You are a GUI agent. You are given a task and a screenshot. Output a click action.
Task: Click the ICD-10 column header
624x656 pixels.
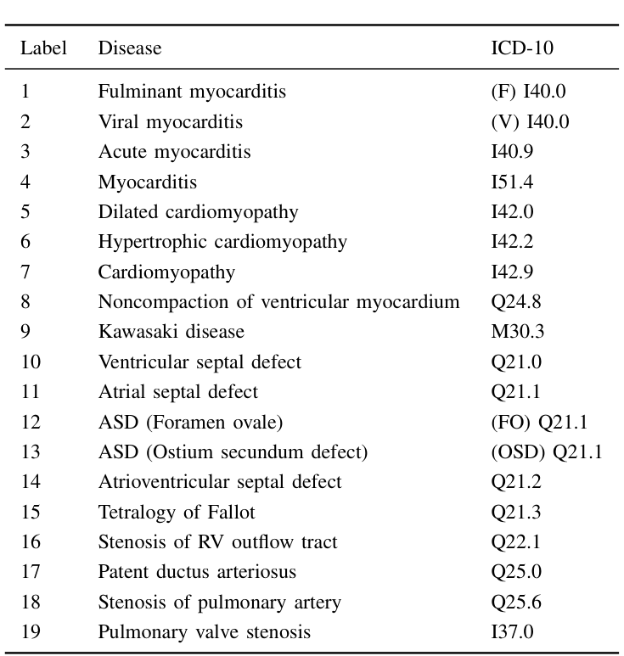click(x=521, y=48)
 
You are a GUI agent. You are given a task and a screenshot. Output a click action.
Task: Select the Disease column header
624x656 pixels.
click(x=129, y=48)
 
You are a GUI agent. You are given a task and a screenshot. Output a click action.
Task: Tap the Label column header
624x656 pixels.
click(x=43, y=48)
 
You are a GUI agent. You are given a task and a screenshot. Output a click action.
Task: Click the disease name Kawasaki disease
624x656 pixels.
click(x=171, y=332)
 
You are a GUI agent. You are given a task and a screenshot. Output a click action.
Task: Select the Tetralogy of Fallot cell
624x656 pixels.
click(x=176, y=513)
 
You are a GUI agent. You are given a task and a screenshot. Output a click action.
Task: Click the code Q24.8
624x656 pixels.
click(x=515, y=302)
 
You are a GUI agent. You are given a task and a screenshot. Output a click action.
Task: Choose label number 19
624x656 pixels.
click(x=31, y=632)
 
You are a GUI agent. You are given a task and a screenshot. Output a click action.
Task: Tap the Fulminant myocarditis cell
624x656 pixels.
click(x=192, y=92)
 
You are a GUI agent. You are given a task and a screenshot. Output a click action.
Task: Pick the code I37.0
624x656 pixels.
click(x=512, y=632)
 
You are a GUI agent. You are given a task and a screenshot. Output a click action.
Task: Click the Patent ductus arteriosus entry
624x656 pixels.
click(x=197, y=572)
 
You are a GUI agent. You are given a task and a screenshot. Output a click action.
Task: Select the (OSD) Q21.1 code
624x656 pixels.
click(x=546, y=452)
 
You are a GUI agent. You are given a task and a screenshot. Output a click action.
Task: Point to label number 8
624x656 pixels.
click(x=25, y=302)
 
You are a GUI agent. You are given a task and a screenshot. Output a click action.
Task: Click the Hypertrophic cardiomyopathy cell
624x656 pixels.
click(x=222, y=242)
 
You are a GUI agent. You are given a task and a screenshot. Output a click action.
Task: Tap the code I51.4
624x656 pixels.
click(x=512, y=182)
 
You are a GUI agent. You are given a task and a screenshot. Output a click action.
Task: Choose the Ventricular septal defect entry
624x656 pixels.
click(x=200, y=362)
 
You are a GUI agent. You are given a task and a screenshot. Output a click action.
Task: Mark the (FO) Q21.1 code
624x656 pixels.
click(x=539, y=423)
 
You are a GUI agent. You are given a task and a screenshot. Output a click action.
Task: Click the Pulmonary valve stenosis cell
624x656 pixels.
click(x=204, y=632)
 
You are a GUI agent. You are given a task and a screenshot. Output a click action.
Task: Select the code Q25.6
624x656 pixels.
click(x=515, y=603)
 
